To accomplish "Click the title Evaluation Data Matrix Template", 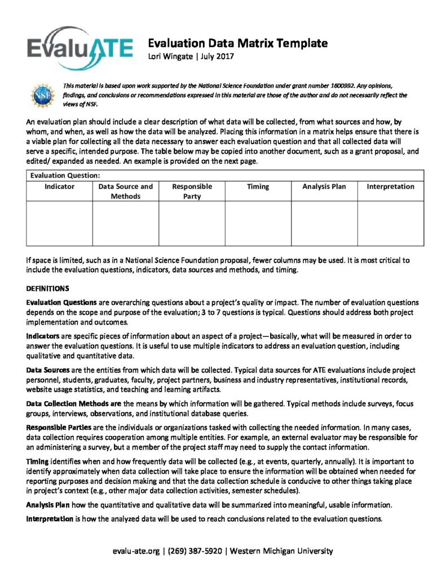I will click(x=237, y=43).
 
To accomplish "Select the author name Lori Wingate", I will click(x=171, y=56).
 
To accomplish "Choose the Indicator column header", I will click(x=60, y=187).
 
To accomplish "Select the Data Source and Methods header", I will click(x=125, y=192).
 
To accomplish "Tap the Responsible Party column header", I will click(x=192, y=192).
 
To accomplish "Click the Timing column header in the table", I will click(x=258, y=187).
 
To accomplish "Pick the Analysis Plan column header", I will click(x=324, y=187).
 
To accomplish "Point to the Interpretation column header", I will click(x=390, y=187).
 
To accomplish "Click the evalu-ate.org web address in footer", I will click(x=136, y=551).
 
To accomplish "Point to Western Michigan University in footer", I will click(x=282, y=551).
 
